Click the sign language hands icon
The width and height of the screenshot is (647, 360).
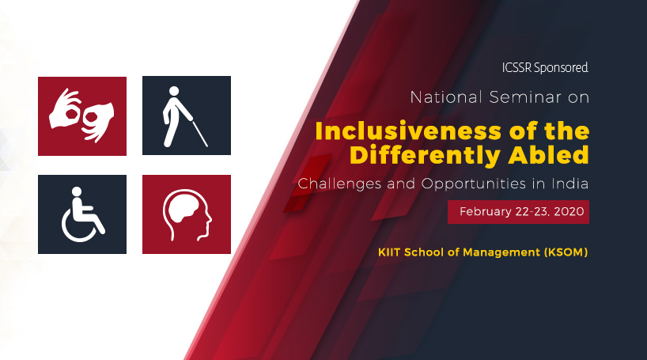(82, 116)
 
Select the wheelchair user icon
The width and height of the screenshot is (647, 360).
(81, 214)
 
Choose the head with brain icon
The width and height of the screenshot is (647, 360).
(187, 214)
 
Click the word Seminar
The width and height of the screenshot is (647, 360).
(521, 98)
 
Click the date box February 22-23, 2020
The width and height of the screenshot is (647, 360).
(518, 212)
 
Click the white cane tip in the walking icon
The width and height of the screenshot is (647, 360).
(206, 146)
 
